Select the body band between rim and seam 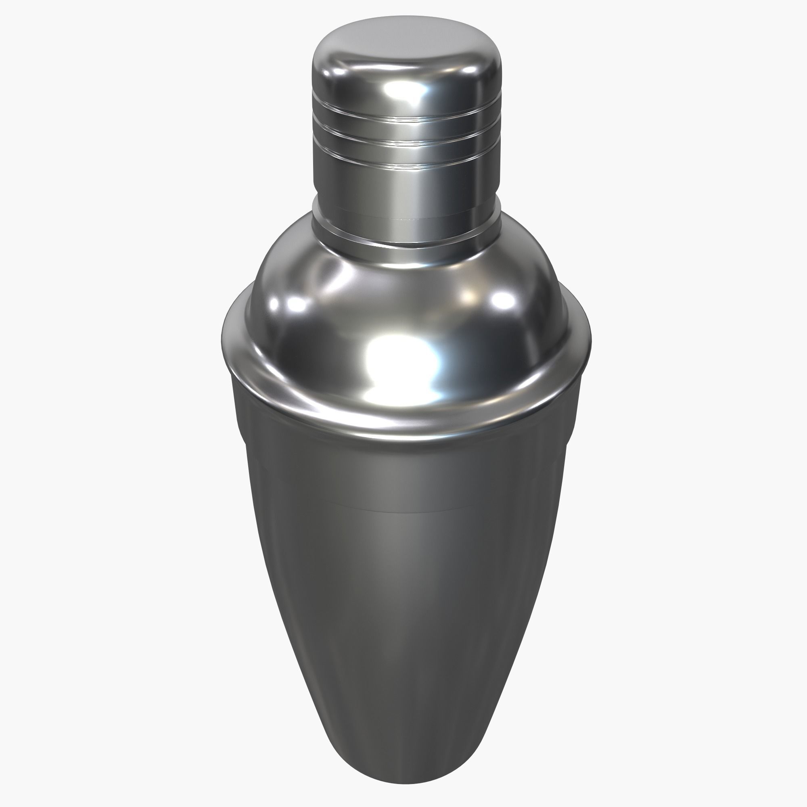coord(403,472)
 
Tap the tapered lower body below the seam coord(403,627)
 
